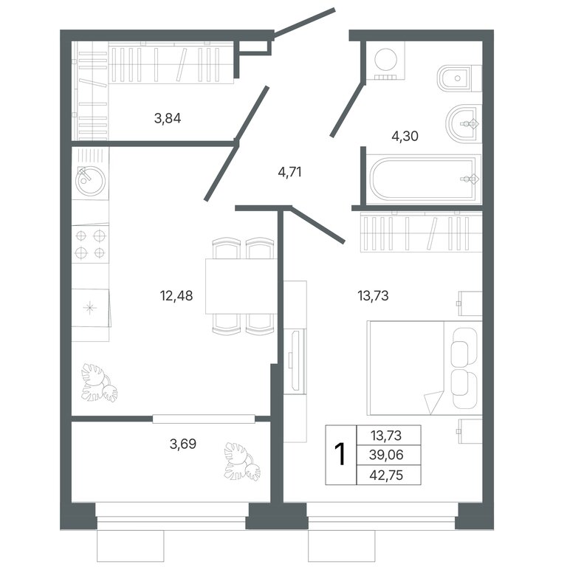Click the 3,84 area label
[168, 118]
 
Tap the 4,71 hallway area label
[289, 172]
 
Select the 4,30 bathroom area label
[405, 137]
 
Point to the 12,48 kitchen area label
[176, 296]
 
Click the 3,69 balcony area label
[183, 444]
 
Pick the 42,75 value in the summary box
[386, 475]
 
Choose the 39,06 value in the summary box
[386, 455]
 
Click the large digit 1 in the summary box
[340, 455]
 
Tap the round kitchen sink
[90, 180]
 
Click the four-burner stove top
[90, 244]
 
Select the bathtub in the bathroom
[424, 179]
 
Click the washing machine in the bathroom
[385, 61]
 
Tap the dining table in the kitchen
[241, 286]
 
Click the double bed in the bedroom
[425, 368]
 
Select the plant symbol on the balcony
[242, 461]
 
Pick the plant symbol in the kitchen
[99, 383]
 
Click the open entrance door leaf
[304, 22]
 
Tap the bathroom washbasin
[464, 124]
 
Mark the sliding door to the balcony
[204, 419]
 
